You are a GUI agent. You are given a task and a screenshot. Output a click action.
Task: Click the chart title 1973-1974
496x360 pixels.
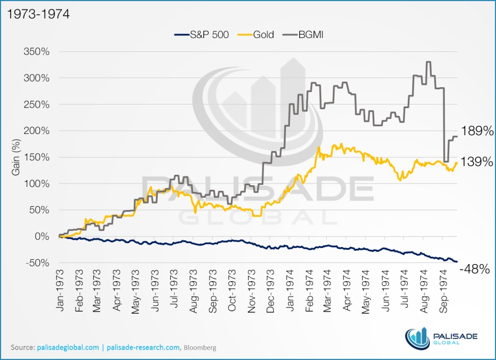pos(35,13)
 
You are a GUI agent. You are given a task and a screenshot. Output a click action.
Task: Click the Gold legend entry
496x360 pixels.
pos(260,34)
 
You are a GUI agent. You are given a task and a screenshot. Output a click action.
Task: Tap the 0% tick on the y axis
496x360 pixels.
pos(42,236)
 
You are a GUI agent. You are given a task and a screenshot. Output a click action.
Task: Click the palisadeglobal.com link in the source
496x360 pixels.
pos(68,347)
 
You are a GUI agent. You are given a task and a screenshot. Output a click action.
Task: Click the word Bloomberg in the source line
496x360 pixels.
pos(200,348)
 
